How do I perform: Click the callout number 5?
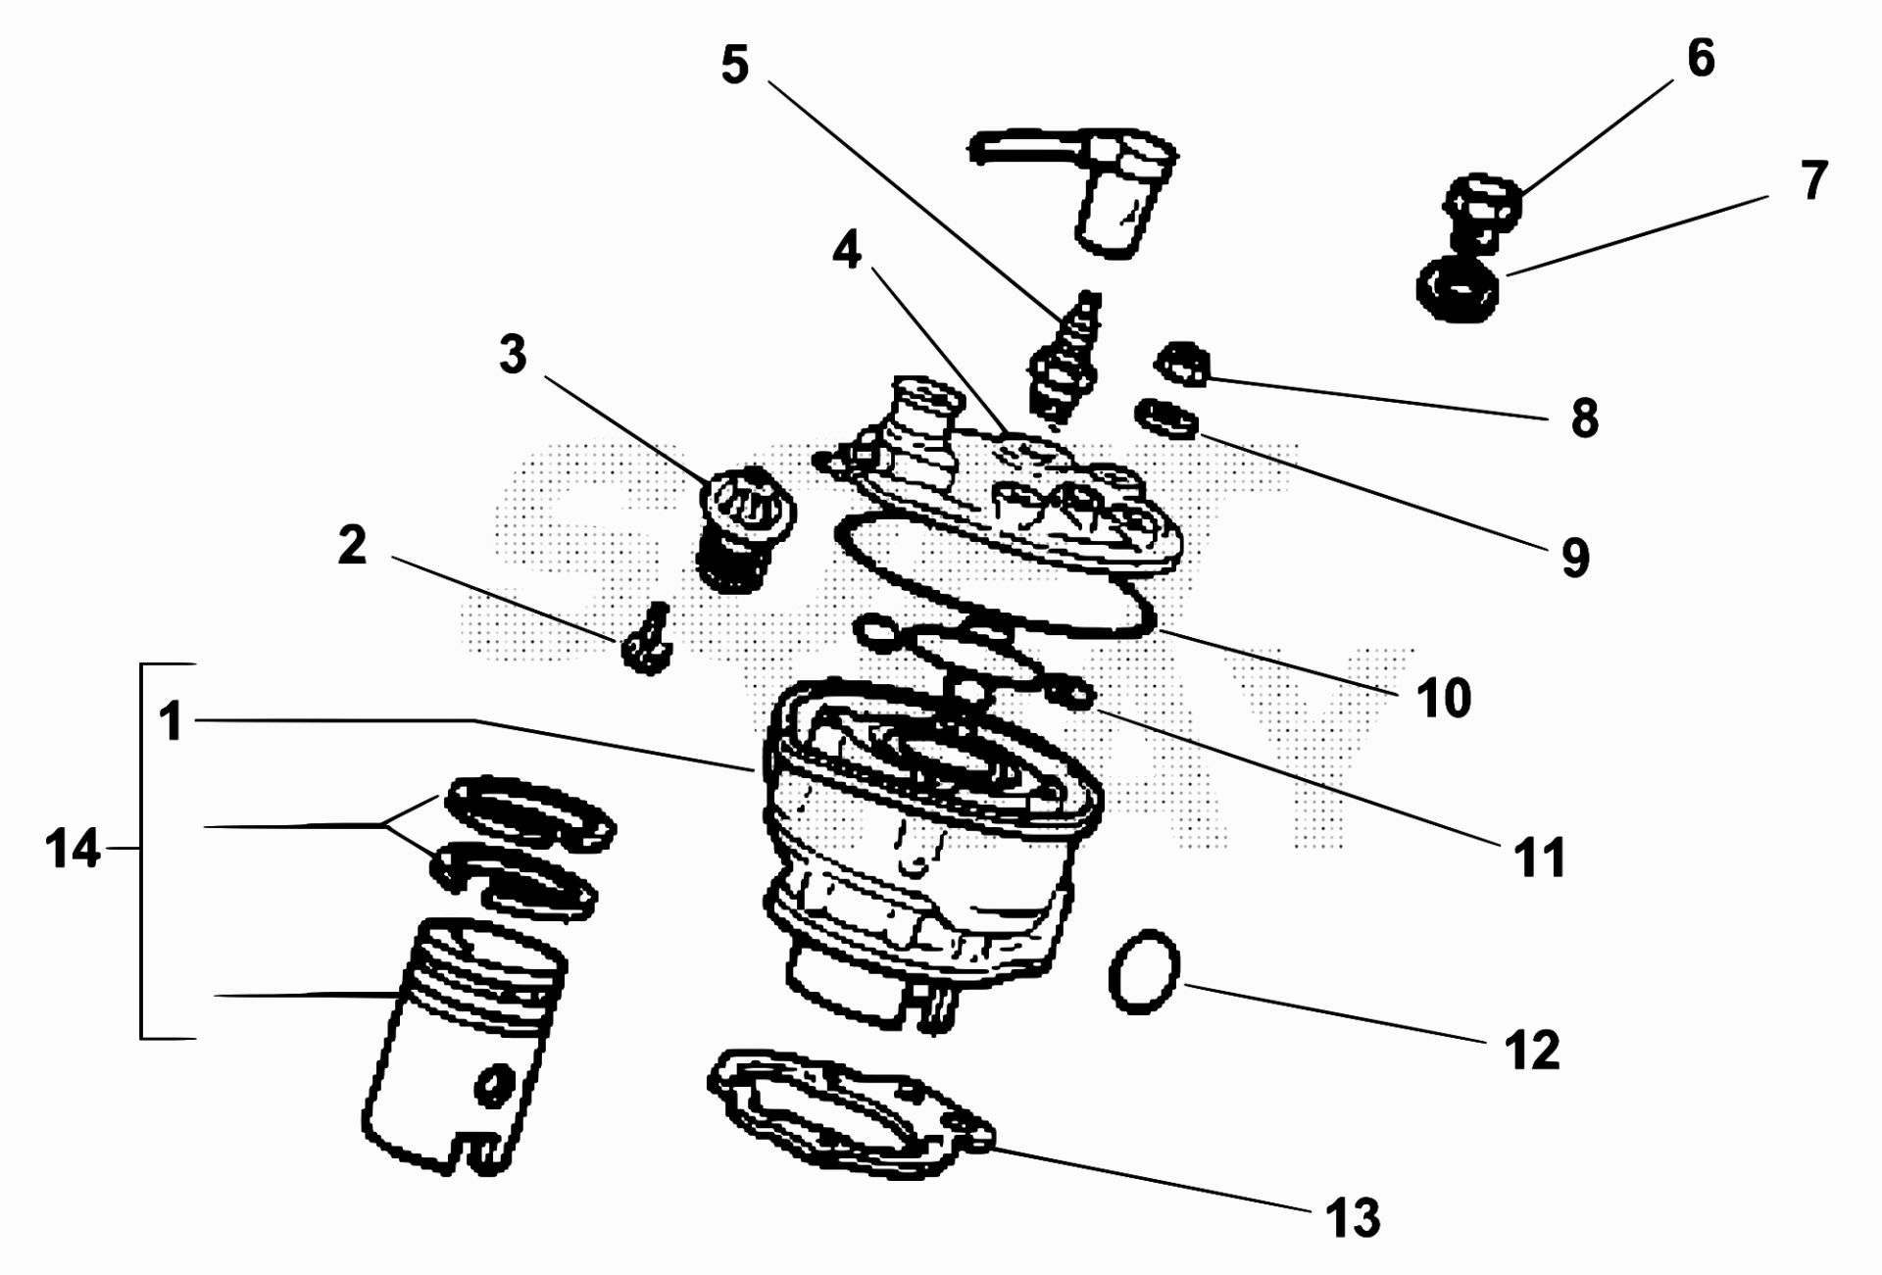(735, 66)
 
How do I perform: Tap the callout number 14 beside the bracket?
(73, 849)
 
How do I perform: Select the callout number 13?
(1353, 1218)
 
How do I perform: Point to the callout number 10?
(1443, 699)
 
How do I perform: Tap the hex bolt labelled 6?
(1480, 211)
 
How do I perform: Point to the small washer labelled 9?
(1166, 419)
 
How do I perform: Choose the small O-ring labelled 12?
(1144, 973)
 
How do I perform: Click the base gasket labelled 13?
(848, 1112)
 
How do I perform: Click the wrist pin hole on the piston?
(492, 1086)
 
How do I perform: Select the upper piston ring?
(529, 811)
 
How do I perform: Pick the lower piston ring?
(515, 880)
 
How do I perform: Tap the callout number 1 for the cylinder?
(172, 720)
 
